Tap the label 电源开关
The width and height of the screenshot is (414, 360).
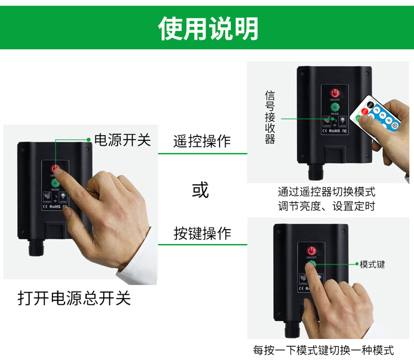coord(123,139)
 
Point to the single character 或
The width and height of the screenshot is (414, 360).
coord(200,189)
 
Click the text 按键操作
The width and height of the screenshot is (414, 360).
coord(202,234)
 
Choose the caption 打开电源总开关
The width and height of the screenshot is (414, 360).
coord(74,298)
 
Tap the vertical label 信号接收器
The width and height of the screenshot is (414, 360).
coord(270,117)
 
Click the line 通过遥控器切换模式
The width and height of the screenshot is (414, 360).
coord(326,192)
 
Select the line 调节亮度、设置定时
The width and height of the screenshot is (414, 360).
coord(326,207)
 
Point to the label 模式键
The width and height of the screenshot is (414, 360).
coord(372,264)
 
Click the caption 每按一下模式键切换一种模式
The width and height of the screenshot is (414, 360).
coord(323,350)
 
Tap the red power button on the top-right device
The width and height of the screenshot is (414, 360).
coord(335,93)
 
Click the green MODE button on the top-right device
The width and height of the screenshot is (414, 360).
coord(335,107)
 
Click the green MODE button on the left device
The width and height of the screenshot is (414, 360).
coord(55,182)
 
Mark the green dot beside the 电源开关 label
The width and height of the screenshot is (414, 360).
coord(89,139)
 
